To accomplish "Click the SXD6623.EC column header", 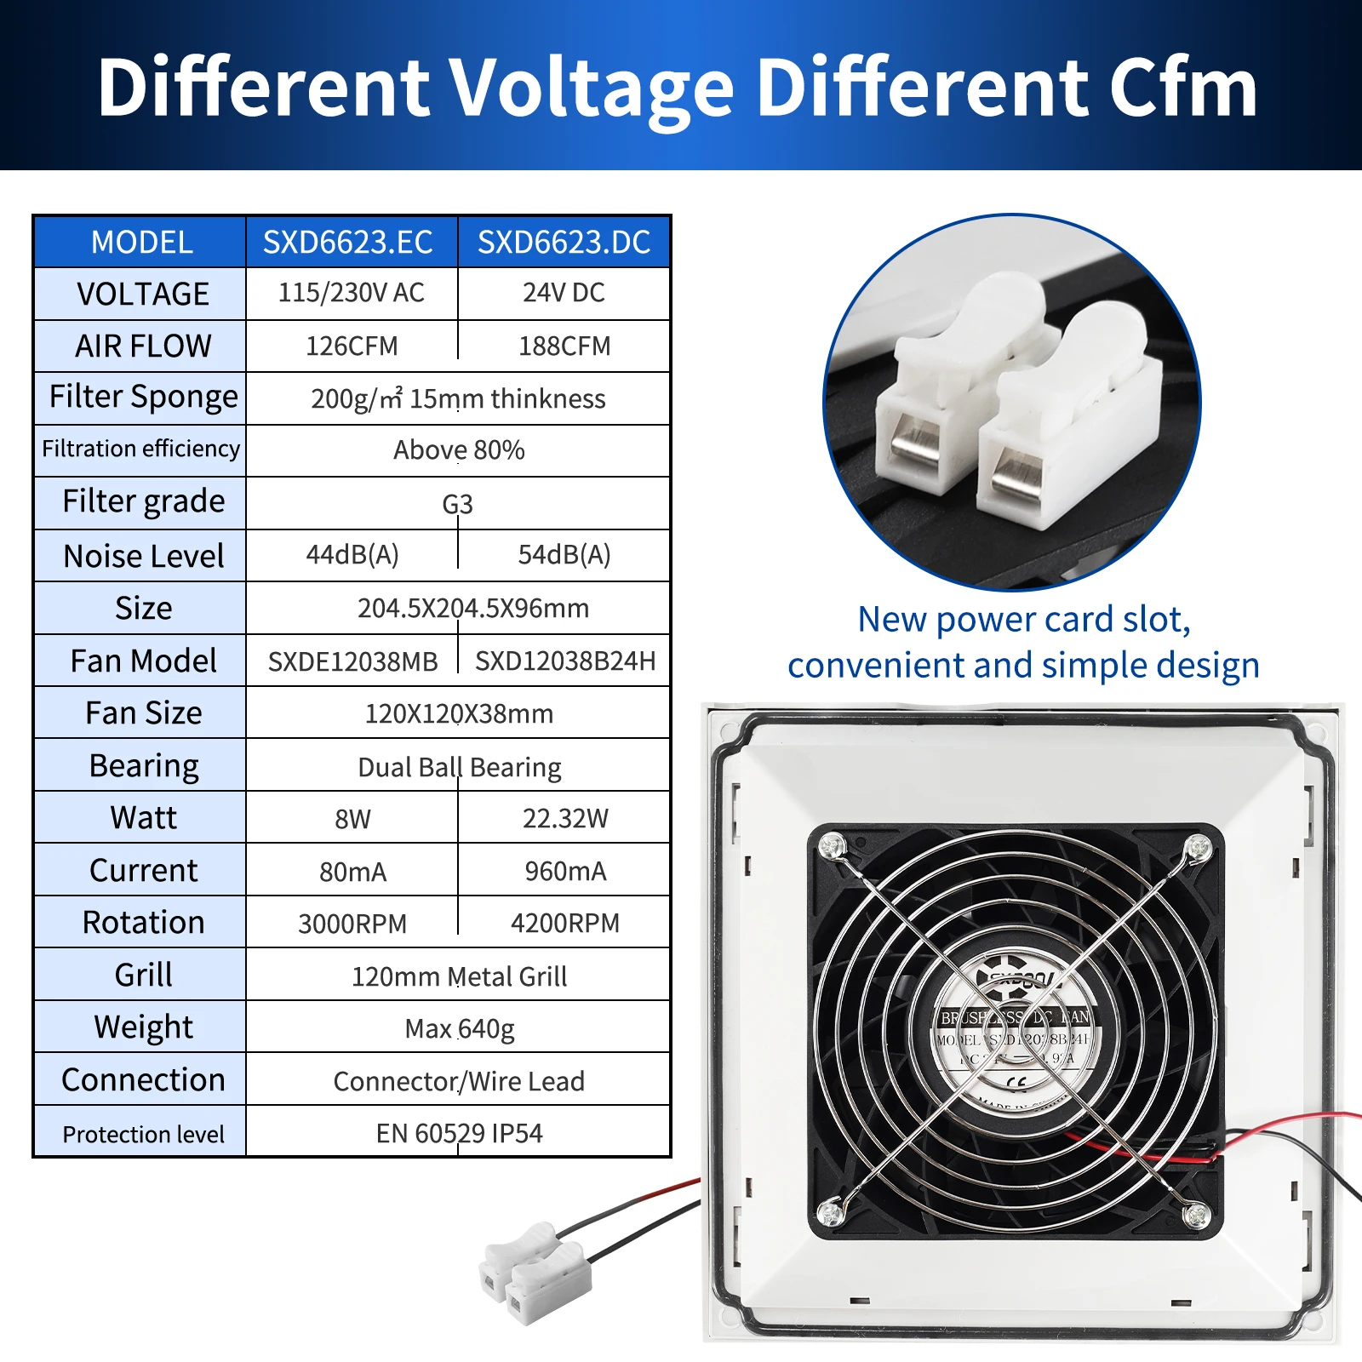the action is (348, 243).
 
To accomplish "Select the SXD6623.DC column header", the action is (564, 243).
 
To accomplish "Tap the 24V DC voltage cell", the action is (564, 293).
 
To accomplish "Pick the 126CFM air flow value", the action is (352, 346).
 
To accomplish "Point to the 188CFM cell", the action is (564, 346).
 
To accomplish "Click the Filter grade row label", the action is (143, 501).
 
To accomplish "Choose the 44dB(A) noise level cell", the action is (352, 555).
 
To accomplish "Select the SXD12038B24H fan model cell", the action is (565, 661).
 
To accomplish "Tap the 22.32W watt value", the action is (565, 818).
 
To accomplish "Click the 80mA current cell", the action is (352, 872).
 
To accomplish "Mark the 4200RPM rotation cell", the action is (565, 924).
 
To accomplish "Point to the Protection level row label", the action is (143, 1134).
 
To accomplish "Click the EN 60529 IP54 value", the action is (459, 1134).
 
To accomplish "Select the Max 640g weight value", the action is (459, 1029).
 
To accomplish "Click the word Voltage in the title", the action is (591, 88).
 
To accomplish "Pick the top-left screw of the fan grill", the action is (831, 846).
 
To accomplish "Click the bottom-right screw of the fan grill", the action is (1196, 1214).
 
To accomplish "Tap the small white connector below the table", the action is (535, 1274).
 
